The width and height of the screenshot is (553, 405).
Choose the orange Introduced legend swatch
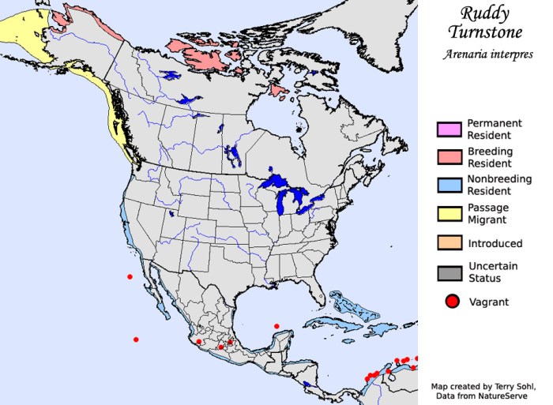pyautogui.click(x=449, y=244)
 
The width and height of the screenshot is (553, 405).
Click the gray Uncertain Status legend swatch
pyautogui.click(x=449, y=272)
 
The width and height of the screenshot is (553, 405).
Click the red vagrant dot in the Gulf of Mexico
pyautogui.click(x=276, y=326)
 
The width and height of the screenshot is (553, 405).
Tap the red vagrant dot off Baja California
pyautogui.click(x=130, y=276)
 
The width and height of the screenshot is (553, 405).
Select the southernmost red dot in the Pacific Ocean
pyautogui.click(x=136, y=339)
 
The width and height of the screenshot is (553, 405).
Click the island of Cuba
pyautogui.click(x=348, y=305)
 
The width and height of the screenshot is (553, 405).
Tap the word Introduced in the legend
pyautogui.click(x=495, y=244)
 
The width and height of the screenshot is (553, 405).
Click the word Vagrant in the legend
pyautogui.click(x=489, y=302)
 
